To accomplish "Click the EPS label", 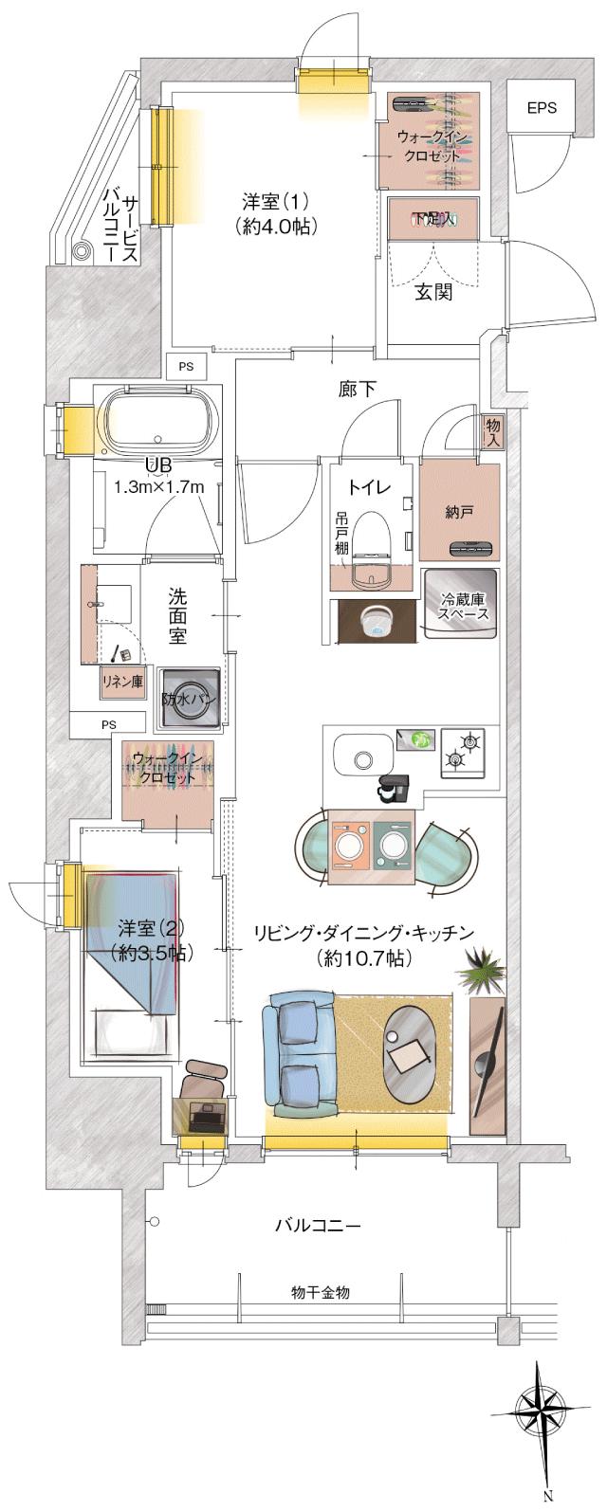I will click(x=542, y=108).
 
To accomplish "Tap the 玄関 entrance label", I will click(x=432, y=292).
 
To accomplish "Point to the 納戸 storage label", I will click(x=459, y=512).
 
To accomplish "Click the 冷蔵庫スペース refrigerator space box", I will click(x=462, y=607).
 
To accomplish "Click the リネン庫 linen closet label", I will click(x=122, y=680).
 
